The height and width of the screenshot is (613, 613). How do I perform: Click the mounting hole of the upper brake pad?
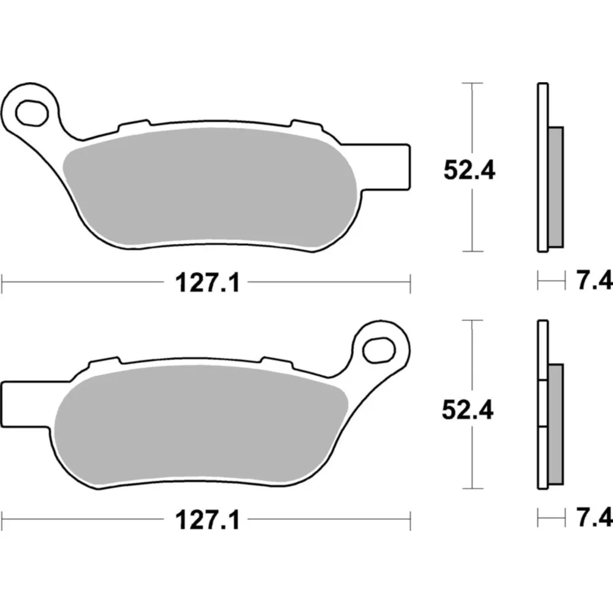32,113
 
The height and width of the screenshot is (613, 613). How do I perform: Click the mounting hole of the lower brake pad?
378,350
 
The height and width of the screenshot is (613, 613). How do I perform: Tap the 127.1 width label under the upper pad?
207,283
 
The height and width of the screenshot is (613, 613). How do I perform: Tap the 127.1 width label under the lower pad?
207,520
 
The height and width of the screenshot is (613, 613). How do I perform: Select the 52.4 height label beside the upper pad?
469,170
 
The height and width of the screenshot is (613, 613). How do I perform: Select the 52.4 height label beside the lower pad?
468,410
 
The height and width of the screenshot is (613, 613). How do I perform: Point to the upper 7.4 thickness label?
594,281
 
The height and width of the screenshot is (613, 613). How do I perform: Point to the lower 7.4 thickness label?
594,518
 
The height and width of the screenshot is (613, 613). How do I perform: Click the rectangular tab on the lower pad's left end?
26,405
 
